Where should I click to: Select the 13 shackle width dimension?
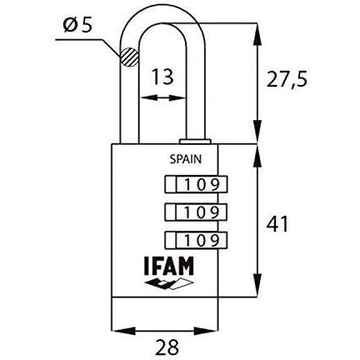[162, 77]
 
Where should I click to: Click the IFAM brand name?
[162, 269]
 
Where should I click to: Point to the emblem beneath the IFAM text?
[163, 287]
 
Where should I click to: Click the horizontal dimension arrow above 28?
[165, 329]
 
